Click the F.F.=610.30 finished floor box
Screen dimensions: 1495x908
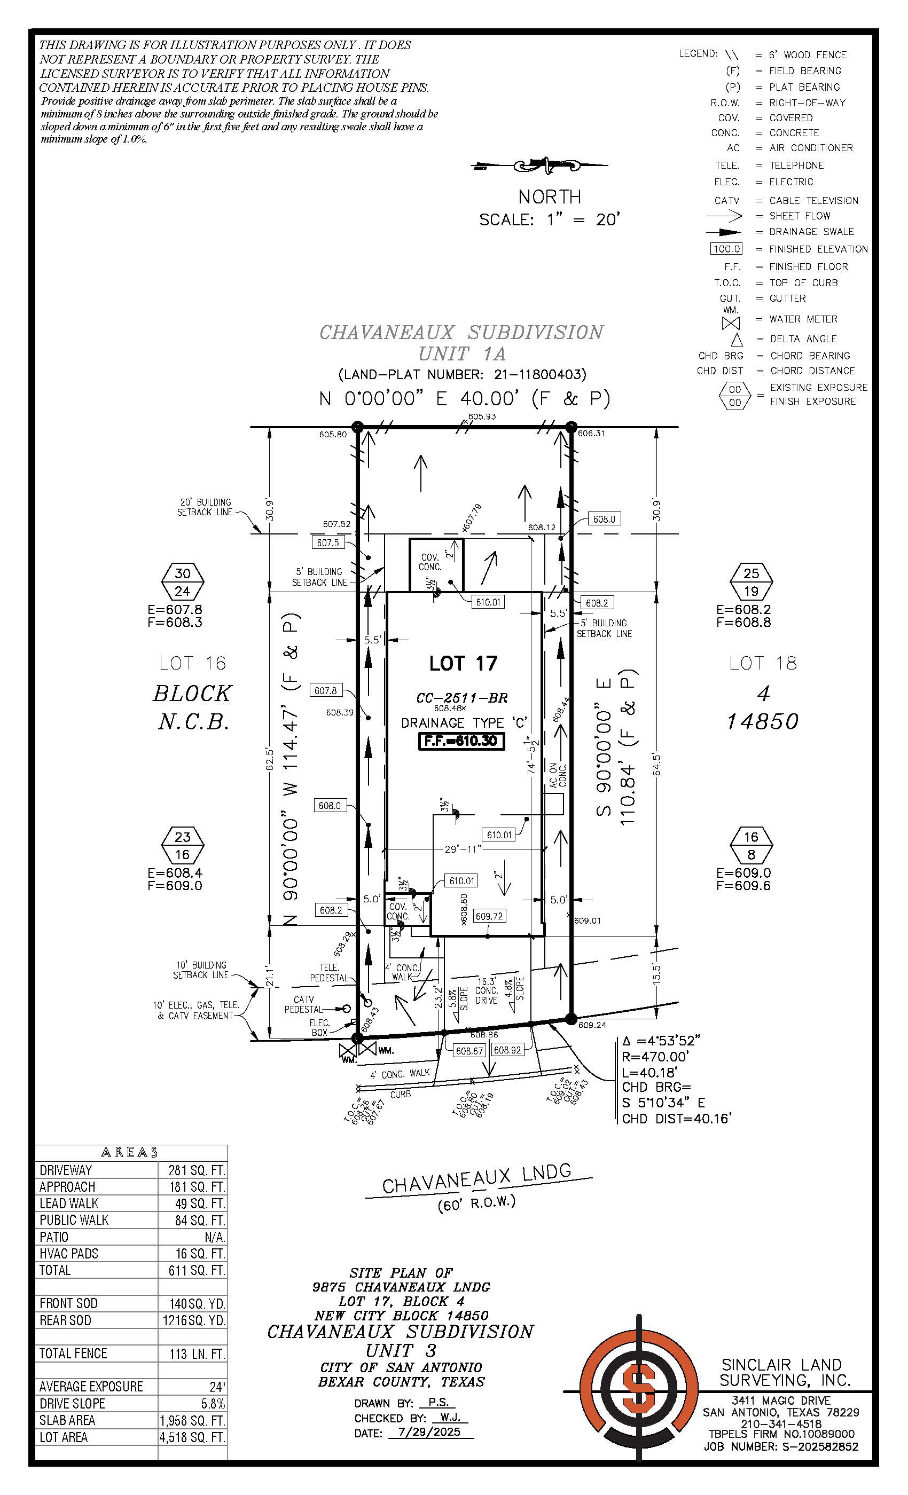461,741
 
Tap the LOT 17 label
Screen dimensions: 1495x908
463,664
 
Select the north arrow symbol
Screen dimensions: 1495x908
539,165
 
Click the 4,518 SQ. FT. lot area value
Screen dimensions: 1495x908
192,1437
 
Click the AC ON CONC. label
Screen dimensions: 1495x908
558,775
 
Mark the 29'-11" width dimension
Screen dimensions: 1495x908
463,849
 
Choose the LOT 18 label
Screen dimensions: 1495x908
762,663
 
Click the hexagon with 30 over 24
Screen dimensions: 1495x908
183,582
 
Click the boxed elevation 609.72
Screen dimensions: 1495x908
489,916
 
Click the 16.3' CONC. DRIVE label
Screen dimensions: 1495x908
486,990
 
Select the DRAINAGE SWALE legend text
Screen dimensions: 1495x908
811,232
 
